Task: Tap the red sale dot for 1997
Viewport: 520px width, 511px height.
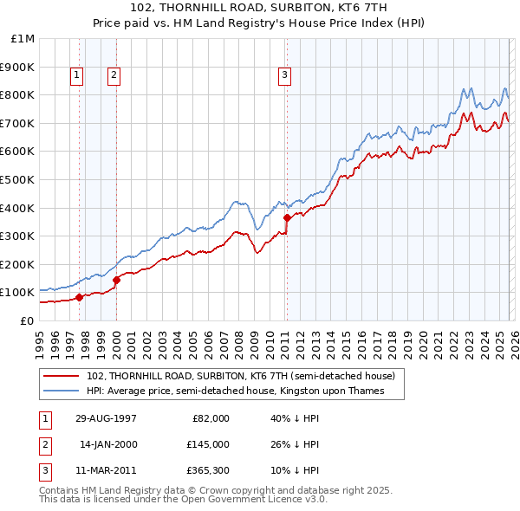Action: [79, 297]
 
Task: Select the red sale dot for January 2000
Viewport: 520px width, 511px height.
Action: [116, 280]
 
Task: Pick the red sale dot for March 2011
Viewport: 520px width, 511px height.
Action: [287, 217]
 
